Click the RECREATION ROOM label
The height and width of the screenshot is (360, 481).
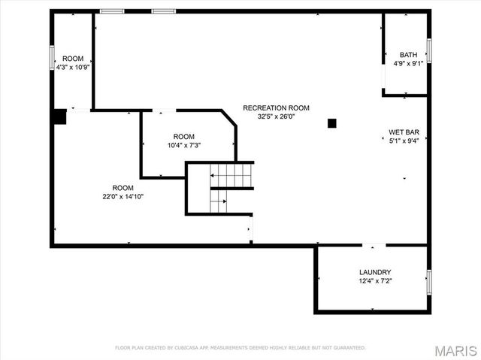[276, 107]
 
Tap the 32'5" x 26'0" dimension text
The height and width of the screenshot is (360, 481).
[276, 116]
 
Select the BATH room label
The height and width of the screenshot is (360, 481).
[408, 55]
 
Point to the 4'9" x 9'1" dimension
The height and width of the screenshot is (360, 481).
[408, 64]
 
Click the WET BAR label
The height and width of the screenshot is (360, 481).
[404, 132]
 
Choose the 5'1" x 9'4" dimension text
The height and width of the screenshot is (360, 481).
[404, 141]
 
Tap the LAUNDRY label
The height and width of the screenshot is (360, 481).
[375, 272]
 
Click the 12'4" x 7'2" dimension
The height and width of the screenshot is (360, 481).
[375, 281]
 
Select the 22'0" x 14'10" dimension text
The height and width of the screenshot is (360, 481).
[123, 196]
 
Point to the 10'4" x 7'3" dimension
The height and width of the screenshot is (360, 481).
[183, 145]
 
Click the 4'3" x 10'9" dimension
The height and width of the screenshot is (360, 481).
[73, 67]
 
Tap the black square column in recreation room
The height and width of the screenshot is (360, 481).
[331, 123]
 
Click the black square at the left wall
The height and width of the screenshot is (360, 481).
[60, 116]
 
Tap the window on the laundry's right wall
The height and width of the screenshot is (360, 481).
[428, 282]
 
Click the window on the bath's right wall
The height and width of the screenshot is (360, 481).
[428, 50]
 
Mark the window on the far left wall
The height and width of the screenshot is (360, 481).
[52, 59]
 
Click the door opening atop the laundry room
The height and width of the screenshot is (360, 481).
[374, 245]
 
